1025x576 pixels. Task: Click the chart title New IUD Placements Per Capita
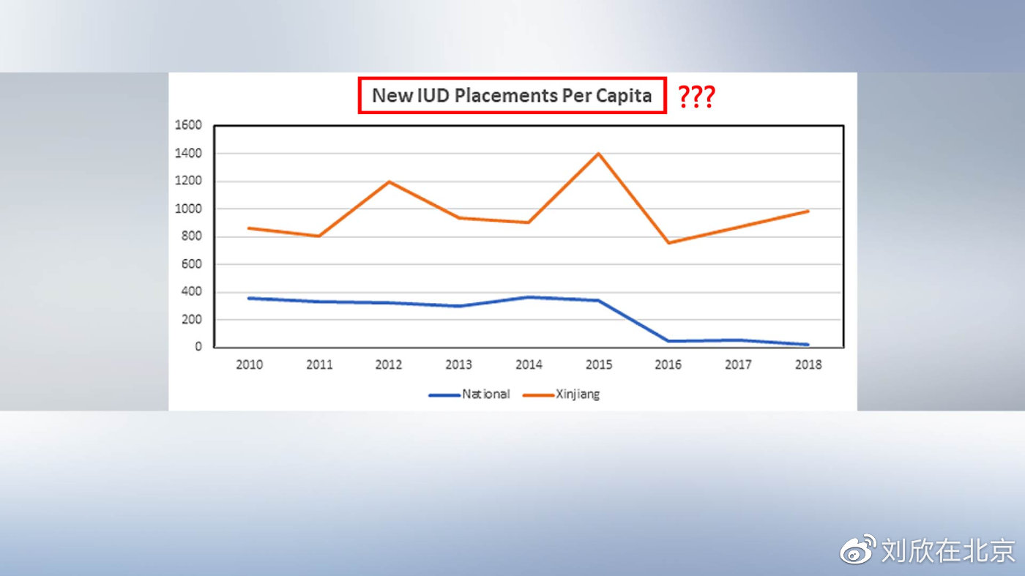pyautogui.click(x=512, y=95)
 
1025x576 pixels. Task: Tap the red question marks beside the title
pyautogui.click(x=696, y=97)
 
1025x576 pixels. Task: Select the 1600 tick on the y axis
pyautogui.click(x=188, y=125)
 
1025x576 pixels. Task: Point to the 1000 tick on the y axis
pyautogui.click(x=188, y=209)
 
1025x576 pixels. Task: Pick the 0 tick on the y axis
pyautogui.click(x=198, y=347)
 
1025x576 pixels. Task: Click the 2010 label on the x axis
pyautogui.click(x=249, y=364)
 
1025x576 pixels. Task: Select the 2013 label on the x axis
pyautogui.click(x=458, y=364)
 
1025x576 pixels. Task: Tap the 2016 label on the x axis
pyautogui.click(x=668, y=364)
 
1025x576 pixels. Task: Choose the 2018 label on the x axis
pyautogui.click(x=808, y=364)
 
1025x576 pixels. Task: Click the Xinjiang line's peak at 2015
pyautogui.click(x=598, y=154)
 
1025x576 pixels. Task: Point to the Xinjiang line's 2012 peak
pyautogui.click(x=389, y=182)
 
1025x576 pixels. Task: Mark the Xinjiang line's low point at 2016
pyautogui.click(x=668, y=242)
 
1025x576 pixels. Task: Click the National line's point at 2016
pyautogui.click(x=668, y=341)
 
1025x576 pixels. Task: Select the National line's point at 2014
pyautogui.click(x=529, y=297)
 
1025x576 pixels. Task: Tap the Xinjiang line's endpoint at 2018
pyautogui.click(x=808, y=212)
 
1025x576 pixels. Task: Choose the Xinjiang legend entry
pyautogui.click(x=562, y=394)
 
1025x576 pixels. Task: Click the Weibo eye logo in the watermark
pyautogui.click(x=857, y=550)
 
